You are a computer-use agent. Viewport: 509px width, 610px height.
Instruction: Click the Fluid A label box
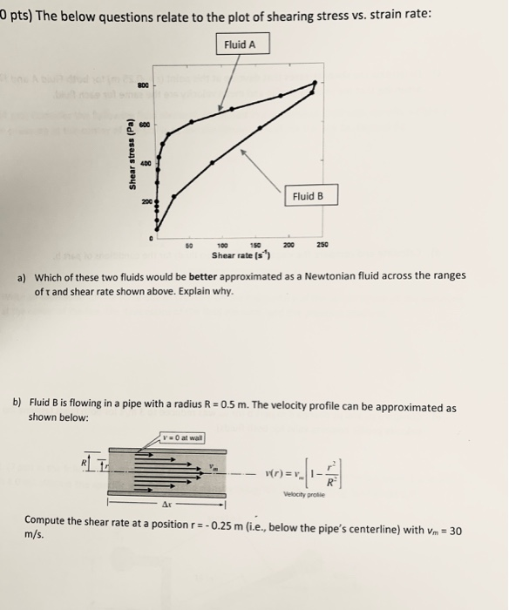click(x=242, y=44)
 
